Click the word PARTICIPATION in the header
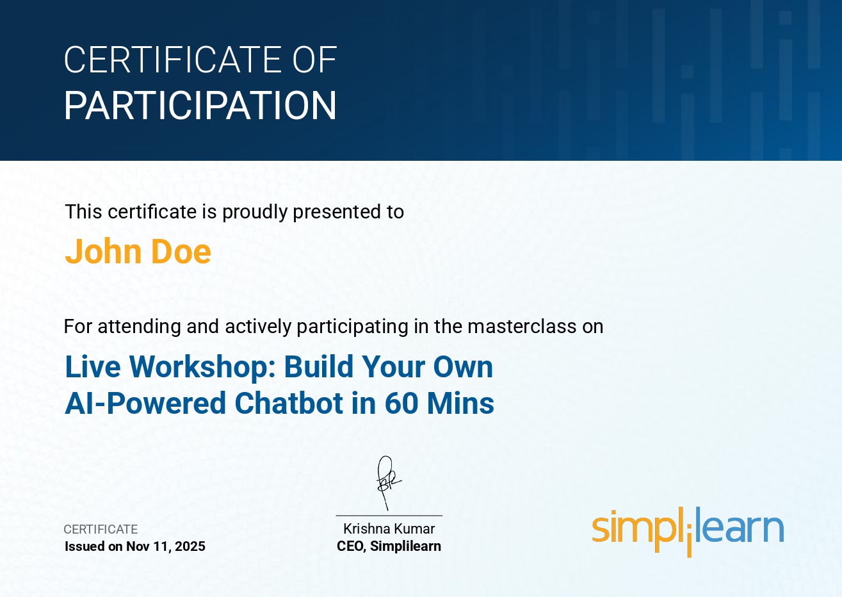(x=200, y=106)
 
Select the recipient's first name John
(x=103, y=252)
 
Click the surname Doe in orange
(x=181, y=252)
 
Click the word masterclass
(x=522, y=326)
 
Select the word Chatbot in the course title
(x=289, y=404)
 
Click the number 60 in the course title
(x=401, y=404)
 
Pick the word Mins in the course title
(x=460, y=404)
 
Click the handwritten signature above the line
(x=388, y=483)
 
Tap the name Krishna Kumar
(x=389, y=529)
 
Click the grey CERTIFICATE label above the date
(x=101, y=529)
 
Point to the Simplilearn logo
(x=688, y=532)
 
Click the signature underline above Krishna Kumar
(x=389, y=516)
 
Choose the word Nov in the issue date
(x=138, y=546)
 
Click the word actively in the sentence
(x=258, y=327)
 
